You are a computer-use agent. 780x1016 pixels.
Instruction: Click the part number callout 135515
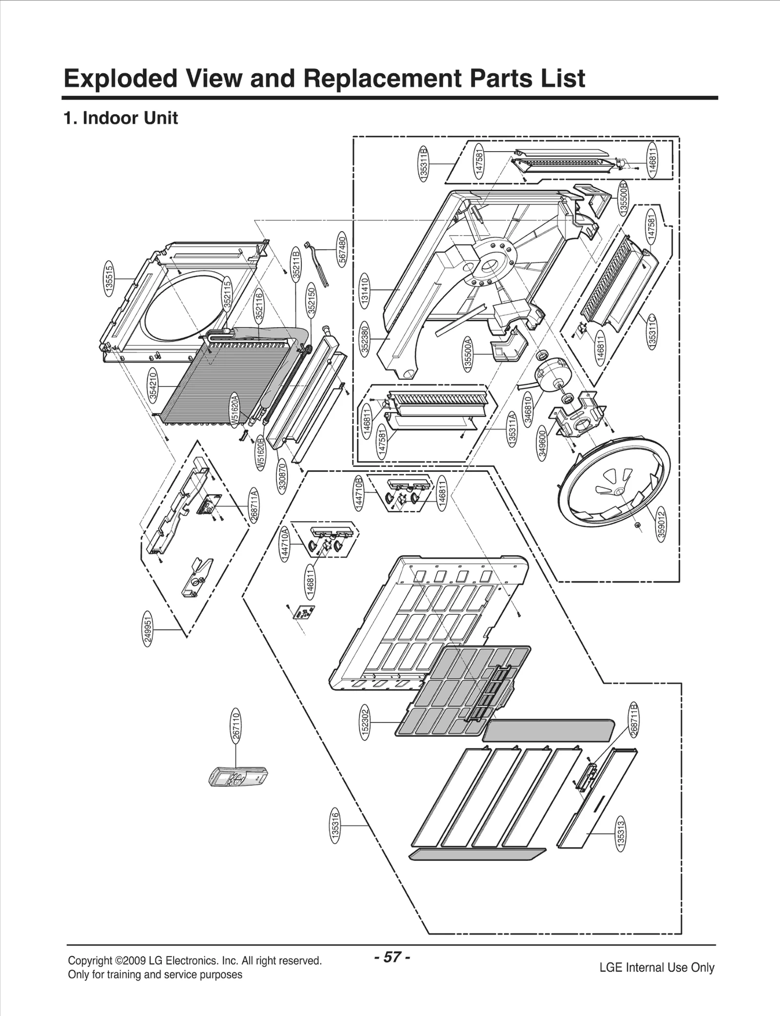click(x=110, y=278)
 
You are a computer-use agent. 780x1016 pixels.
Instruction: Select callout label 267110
click(x=235, y=727)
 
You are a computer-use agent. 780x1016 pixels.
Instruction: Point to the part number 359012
click(x=661, y=524)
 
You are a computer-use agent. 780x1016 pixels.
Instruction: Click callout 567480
click(x=343, y=249)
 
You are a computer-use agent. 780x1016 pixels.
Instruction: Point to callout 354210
click(x=154, y=386)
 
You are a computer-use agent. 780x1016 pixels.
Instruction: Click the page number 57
click(x=392, y=957)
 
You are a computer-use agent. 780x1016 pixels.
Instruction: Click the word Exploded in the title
click(x=120, y=79)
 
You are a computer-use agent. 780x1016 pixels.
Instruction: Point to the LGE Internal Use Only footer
click(x=657, y=967)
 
